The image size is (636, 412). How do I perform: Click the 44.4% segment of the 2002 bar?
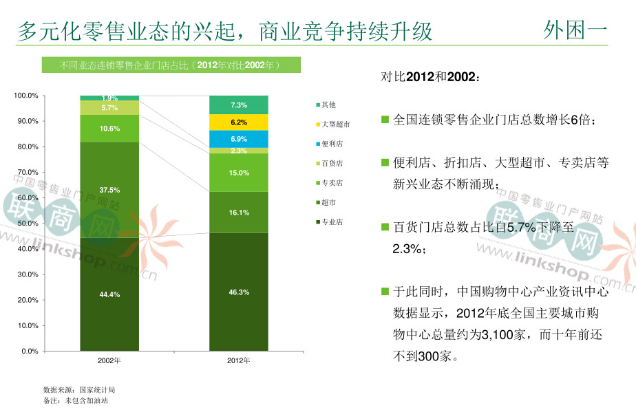(109, 294)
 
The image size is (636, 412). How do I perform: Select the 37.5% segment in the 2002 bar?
(109, 190)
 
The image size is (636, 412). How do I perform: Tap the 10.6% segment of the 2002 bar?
(109, 129)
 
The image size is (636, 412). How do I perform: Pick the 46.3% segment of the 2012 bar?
(239, 292)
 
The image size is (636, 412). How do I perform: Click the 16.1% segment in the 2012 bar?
(239, 213)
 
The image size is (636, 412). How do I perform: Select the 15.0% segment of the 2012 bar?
(239, 173)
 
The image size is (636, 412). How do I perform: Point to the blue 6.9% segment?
(239, 139)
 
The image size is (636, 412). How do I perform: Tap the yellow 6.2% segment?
(239, 122)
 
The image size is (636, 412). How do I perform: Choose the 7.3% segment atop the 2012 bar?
(239, 105)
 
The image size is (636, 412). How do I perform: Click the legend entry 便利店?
(331, 144)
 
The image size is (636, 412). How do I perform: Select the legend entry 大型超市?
(335, 124)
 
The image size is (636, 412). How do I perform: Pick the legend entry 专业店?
(331, 222)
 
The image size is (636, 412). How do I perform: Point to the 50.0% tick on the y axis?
(28, 224)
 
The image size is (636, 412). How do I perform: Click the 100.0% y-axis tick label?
(27, 96)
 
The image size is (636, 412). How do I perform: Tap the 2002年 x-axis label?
(109, 360)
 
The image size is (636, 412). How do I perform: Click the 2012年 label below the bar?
(239, 360)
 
